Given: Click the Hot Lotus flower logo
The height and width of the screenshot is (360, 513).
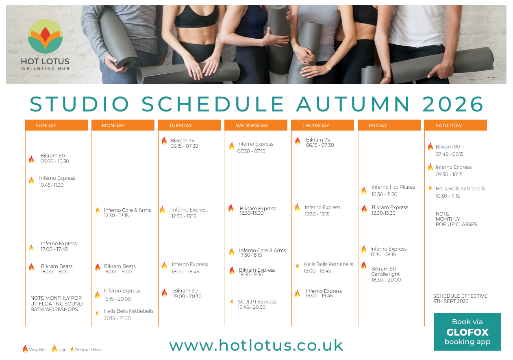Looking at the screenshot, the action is (x=45, y=36).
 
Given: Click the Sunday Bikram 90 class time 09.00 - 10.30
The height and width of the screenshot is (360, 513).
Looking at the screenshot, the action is (x=55, y=161).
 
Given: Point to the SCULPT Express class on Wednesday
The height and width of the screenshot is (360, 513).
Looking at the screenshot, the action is (x=257, y=304).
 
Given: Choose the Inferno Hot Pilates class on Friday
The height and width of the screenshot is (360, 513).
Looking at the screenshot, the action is (x=393, y=190).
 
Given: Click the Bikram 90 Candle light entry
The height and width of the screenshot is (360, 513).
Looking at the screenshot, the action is (x=386, y=274).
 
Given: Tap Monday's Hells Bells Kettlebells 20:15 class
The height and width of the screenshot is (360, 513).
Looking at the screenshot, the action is (x=128, y=314).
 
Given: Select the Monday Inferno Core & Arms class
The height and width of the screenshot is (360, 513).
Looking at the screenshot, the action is (x=127, y=213).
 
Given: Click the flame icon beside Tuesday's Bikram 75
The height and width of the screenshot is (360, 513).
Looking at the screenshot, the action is (x=164, y=141).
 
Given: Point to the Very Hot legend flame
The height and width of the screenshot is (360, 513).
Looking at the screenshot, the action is (x=25, y=349).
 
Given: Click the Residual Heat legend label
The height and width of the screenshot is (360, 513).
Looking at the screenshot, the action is (x=88, y=350).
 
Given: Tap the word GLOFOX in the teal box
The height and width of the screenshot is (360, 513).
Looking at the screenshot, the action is (x=467, y=332).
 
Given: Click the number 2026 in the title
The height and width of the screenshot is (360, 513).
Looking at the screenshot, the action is (x=453, y=104).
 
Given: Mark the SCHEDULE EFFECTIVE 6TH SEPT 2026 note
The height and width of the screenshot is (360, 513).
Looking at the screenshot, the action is (x=460, y=299).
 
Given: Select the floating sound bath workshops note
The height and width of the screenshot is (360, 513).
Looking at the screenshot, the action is (x=57, y=303).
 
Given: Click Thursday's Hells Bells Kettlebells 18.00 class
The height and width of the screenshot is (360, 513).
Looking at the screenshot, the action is (x=328, y=267).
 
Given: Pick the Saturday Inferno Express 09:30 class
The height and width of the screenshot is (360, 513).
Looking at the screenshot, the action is (x=454, y=170).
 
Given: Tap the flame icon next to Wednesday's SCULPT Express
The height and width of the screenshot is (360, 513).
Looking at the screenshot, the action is (x=232, y=301).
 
